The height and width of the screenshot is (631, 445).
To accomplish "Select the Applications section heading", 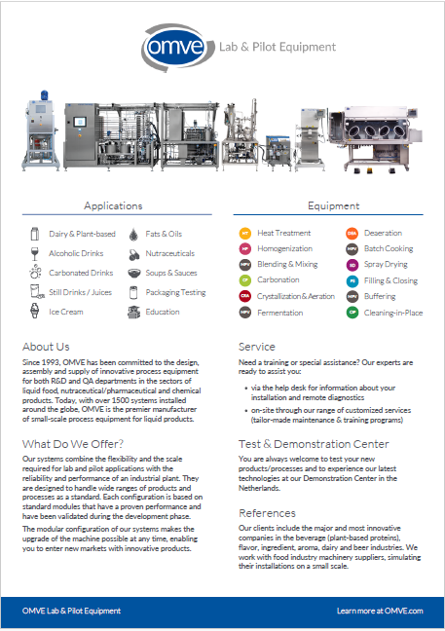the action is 113,206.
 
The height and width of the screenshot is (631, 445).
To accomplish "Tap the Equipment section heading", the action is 334,206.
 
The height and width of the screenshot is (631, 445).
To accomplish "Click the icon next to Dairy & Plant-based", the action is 34,234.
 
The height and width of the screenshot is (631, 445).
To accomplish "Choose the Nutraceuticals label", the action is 169,253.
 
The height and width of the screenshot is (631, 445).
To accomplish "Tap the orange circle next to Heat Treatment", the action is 245,234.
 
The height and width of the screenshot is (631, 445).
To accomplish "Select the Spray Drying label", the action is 386,265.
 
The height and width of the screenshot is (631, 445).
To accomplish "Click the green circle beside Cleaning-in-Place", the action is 352,313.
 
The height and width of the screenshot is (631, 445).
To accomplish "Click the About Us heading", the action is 46,347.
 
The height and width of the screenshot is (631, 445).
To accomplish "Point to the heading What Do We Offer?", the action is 72,444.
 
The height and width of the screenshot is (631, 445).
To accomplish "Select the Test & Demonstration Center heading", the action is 315,444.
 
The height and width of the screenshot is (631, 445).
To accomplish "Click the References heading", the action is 268,512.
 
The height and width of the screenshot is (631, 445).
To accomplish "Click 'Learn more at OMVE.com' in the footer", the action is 380,611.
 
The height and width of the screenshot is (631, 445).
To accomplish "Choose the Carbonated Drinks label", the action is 81,274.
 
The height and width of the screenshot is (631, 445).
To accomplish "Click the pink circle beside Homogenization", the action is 245,249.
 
